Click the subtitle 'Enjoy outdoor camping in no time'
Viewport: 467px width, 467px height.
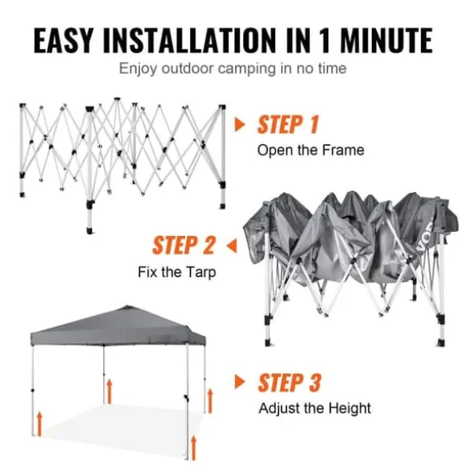233,68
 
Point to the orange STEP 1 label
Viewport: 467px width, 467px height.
288,125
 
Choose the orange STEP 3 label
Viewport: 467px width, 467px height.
289,382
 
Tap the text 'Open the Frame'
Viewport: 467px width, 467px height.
310,150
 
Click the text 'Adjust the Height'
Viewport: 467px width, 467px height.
315,408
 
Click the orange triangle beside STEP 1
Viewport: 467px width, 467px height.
239,125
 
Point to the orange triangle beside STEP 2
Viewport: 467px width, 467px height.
231,244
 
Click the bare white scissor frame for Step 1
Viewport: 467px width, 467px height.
121,149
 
